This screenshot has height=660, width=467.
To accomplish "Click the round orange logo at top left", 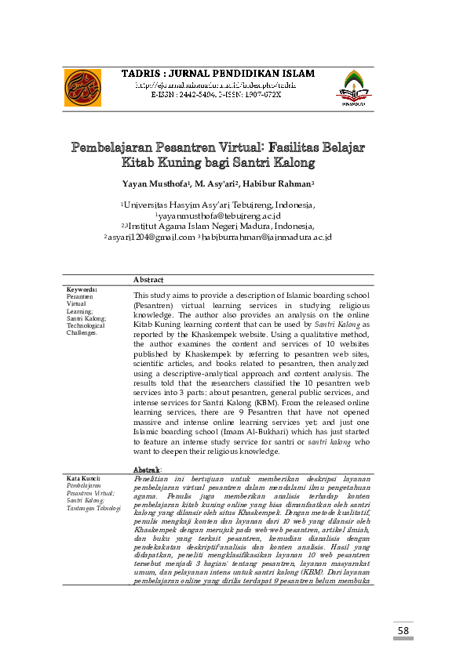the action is [82, 88].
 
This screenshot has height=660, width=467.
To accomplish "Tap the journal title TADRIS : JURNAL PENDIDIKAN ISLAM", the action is [217, 74].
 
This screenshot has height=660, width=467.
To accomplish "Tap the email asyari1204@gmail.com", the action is [150, 236].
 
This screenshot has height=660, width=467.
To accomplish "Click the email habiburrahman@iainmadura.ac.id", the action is [267, 236].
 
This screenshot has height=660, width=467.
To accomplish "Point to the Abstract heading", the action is [148, 280].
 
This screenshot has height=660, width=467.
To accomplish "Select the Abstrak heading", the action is [148, 469].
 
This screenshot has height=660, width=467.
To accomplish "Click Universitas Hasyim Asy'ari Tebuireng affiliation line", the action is [219, 205].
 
